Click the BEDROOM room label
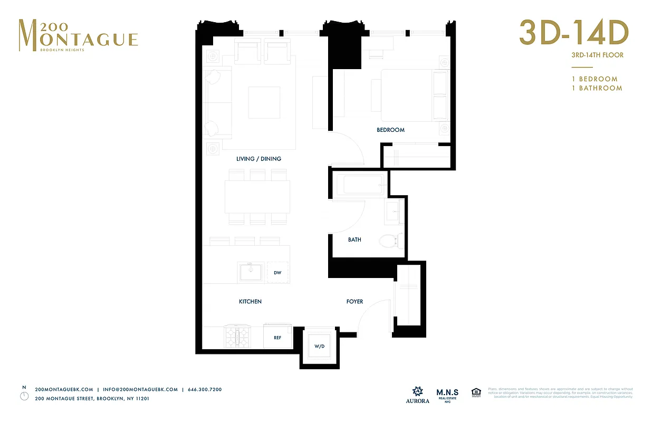(390, 130)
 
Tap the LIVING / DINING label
(258, 159)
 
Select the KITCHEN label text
(250, 302)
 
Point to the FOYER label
(354, 302)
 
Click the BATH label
(354, 239)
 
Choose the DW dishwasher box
(277, 273)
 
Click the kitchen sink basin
(251, 273)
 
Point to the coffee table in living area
(264, 103)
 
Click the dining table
(257, 197)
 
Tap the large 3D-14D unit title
(573, 33)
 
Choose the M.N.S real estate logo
(447, 394)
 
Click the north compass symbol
(24, 395)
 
